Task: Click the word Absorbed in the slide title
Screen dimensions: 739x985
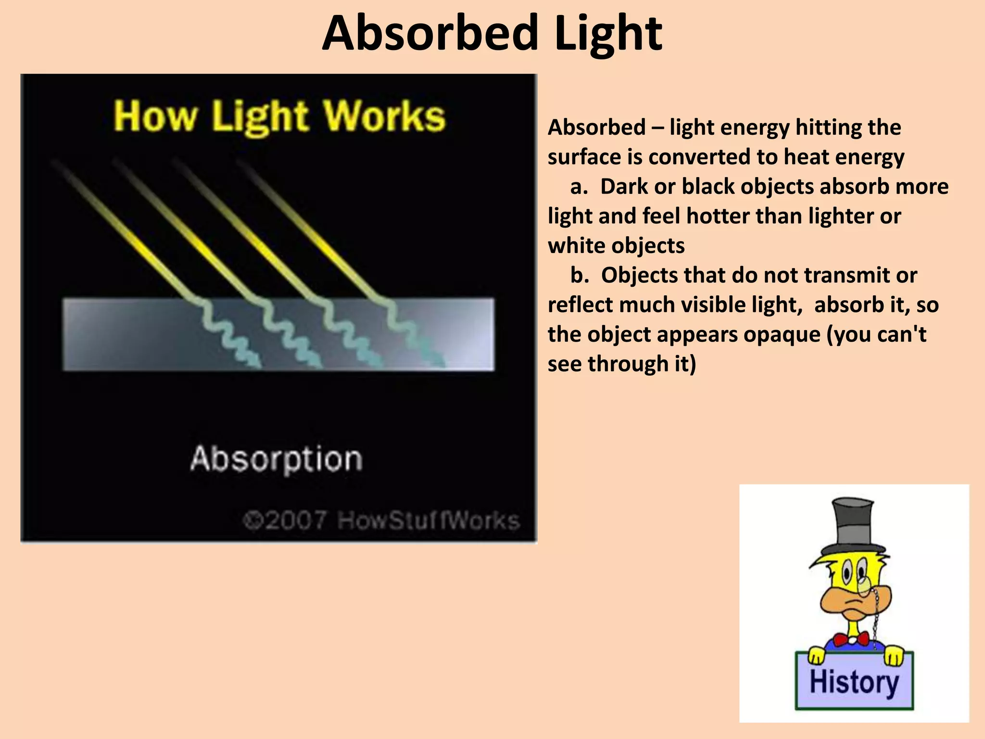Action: tap(429, 34)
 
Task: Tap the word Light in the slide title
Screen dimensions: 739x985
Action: tap(608, 34)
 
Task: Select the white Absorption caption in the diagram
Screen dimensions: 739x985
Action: tap(276, 459)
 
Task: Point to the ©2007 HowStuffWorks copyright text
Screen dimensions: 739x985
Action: tap(381, 521)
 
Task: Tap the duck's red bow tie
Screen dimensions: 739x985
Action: tap(851, 639)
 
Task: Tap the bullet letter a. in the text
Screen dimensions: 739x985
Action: tap(579, 187)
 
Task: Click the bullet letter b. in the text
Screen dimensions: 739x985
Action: tap(580, 275)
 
